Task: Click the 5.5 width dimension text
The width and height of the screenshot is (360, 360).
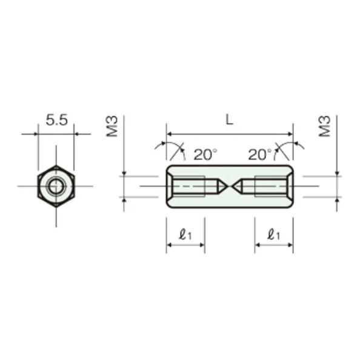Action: pyautogui.click(x=56, y=120)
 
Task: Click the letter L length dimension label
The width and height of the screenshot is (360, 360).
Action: pyautogui.click(x=229, y=120)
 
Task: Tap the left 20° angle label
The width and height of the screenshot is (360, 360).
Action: pyautogui.click(x=205, y=155)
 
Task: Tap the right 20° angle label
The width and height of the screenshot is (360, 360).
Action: pyautogui.click(x=259, y=155)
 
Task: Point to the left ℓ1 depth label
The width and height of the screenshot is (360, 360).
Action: pyautogui.click(x=185, y=233)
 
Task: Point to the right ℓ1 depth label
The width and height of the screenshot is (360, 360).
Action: pyautogui.click(x=274, y=233)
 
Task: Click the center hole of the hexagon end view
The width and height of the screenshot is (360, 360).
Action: pyautogui.click(x=56, y=186)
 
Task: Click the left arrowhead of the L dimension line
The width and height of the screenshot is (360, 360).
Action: pyautogui.click(x=170, y=134)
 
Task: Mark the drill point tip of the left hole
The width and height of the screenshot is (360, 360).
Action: pyautogui.click(x=227, y=186)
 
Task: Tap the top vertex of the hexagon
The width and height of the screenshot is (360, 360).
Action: pyautogui.click(x=56, y=165)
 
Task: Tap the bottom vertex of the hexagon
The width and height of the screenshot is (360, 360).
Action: pyautogui.click(x=56, y=207)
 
